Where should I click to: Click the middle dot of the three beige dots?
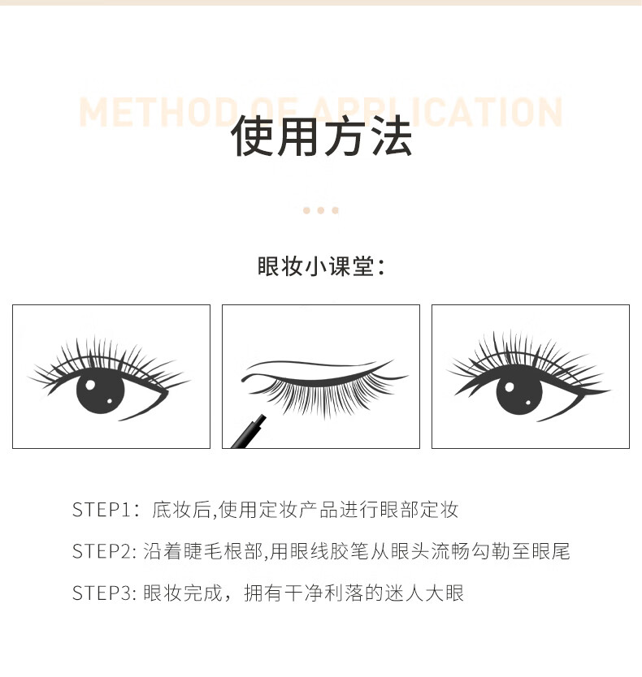(x=321, y=210)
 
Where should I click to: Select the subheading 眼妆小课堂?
(x=316, y=266)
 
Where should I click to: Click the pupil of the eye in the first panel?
(x=100, y=391)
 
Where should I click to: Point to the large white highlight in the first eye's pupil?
(x=90, y=385)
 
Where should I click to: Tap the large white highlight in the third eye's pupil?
(x=510, y=387)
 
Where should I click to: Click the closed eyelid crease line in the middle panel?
(x=311, y=364)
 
